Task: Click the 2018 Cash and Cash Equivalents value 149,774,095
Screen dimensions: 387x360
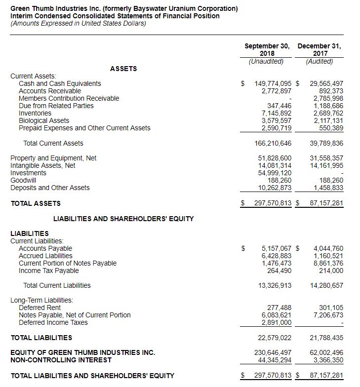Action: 272,83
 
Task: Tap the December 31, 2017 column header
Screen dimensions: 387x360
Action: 320,50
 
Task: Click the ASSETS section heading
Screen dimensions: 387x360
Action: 123,69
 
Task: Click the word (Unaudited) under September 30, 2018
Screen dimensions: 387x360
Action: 267,61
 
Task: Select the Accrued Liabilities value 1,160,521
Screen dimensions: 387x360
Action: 328,256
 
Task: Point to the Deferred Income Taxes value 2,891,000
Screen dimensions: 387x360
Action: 276,322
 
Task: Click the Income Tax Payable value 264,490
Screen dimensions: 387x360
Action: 280,271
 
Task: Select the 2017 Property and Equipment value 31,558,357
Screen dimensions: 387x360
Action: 326,158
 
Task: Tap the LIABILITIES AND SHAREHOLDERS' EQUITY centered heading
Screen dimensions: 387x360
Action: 123,219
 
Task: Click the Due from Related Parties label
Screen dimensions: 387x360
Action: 56,106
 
